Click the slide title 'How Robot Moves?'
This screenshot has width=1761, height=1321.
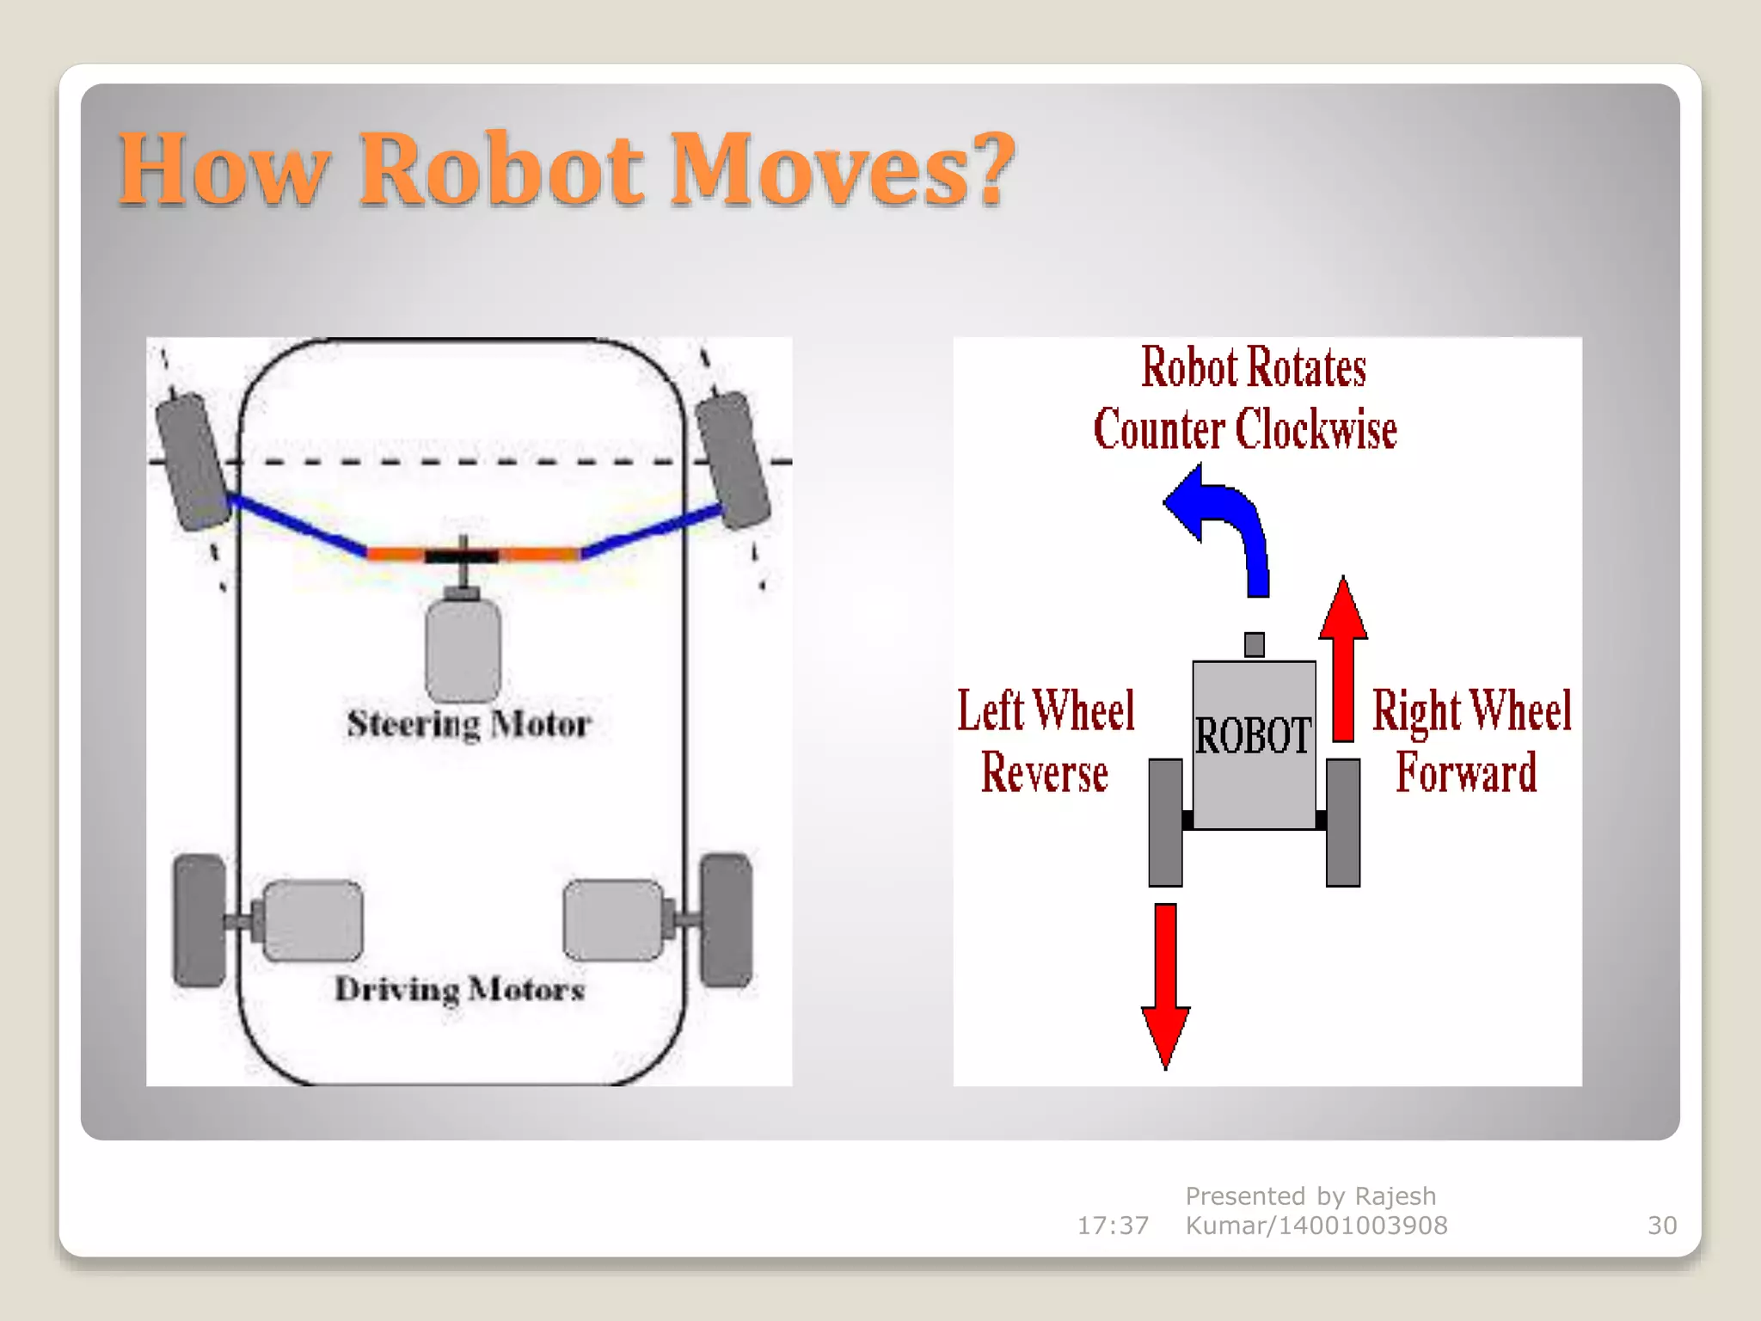pos(566,169)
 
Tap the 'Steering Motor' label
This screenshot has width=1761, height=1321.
pos(469,724)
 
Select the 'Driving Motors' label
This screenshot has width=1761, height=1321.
pos(460,989)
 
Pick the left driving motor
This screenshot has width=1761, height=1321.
pos(312,920)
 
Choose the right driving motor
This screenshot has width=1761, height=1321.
pos(613,919)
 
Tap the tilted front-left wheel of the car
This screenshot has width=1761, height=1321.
pos(193,461)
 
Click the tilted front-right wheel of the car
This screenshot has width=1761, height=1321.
pos(733,459)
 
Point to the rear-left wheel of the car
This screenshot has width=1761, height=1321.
pos(199,919)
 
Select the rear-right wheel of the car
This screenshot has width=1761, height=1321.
pos(727,919)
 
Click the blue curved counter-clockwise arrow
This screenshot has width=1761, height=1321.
pos(1225,525)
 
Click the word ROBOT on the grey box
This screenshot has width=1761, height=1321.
pos(1254,736)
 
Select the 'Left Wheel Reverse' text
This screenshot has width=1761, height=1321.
pos(1046,740)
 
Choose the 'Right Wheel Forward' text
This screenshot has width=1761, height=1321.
pos(1471,740)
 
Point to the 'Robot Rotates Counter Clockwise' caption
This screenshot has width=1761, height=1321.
pos(1247,398)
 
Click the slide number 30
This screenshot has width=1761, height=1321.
pos(1661,1225)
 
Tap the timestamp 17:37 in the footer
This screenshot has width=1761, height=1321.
pos(1113,1225)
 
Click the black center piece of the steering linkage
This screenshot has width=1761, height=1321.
pos(462,556)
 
